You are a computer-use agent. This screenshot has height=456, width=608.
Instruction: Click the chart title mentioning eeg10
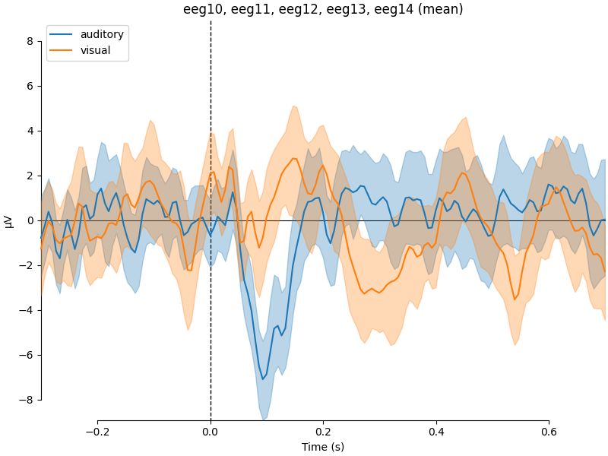tap(323, 9)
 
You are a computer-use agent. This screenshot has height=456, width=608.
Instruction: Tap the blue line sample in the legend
tap(62, 35)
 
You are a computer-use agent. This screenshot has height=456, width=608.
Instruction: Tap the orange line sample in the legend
tap(62, 50)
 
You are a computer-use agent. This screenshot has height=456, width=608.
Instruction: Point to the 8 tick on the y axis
tap(30, 41)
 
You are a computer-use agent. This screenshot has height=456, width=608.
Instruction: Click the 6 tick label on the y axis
tap(30, 86)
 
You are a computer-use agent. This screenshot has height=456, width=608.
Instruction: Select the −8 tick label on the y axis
tap(27, 400)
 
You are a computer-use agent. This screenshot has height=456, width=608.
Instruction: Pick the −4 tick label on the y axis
tap(27, 310)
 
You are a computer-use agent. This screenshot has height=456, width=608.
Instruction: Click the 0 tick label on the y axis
tap(30, 220)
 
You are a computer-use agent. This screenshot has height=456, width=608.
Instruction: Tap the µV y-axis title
tap(9, 220)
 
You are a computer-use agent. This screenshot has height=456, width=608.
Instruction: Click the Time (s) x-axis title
tap(323, 447)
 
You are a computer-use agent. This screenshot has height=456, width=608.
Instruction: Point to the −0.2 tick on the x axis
tap(97, 431)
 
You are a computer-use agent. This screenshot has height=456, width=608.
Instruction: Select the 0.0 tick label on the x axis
tap(211, 431)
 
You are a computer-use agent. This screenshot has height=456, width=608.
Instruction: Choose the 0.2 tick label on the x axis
tap(323, 431)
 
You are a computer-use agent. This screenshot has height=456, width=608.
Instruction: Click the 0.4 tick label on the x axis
tap(436, 431)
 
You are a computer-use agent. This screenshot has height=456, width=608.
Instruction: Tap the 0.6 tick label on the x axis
tap(549, 431)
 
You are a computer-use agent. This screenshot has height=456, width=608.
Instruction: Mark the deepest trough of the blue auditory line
tap(263, 379)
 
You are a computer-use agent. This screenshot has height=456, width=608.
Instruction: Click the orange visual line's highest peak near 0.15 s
tap(293, 158)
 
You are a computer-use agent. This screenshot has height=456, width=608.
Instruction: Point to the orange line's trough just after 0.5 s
tap(515, 299)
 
